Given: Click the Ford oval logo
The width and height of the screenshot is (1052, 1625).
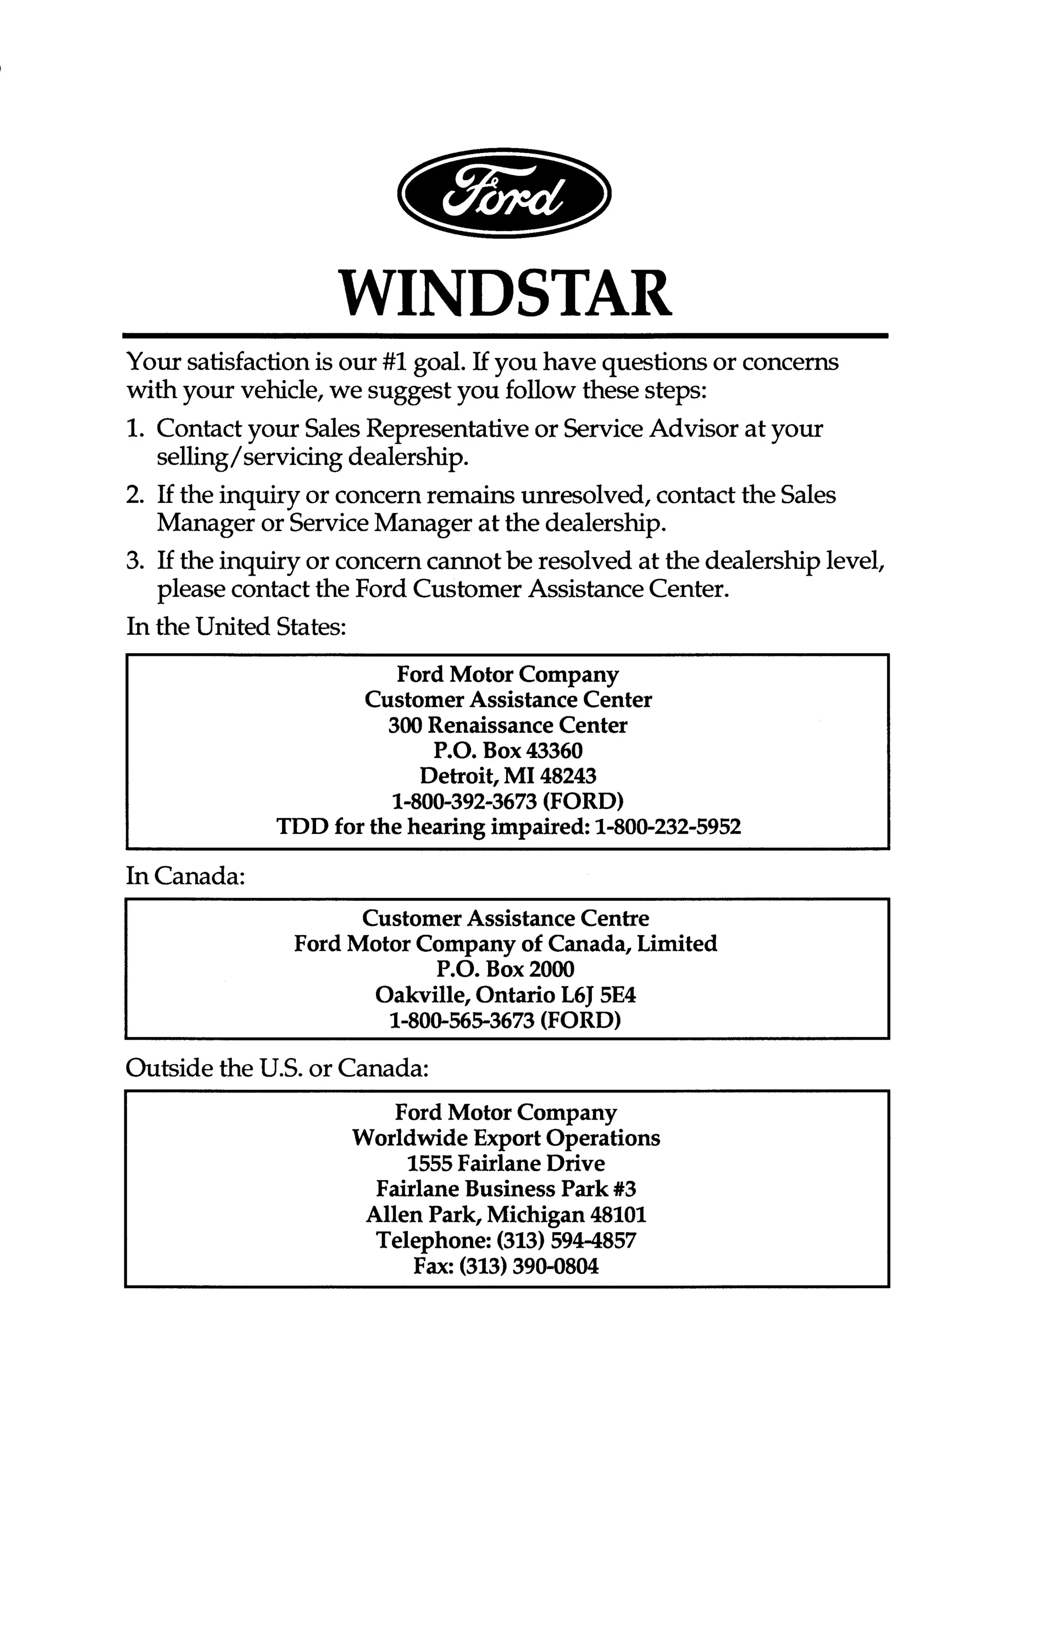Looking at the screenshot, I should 504,193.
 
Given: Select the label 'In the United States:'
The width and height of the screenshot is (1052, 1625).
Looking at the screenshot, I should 236,626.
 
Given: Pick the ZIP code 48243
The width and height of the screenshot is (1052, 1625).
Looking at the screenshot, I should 568,776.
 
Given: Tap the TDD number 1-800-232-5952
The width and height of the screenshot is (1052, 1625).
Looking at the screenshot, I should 668,827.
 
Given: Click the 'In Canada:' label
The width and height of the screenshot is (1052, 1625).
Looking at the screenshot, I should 185,875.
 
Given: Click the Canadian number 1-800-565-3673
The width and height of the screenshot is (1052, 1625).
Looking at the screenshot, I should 461,1020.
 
